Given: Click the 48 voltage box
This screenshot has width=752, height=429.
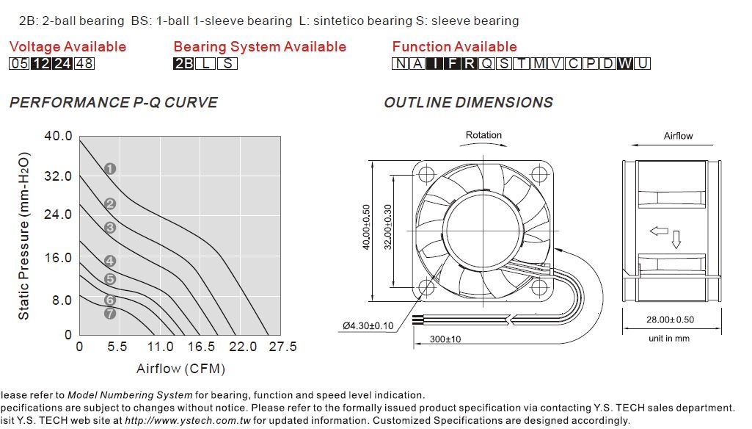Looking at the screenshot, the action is pyautogui.click(x=84, y=63).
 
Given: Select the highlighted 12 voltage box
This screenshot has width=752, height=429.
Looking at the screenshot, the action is pyautogui.click(x=41, y=63).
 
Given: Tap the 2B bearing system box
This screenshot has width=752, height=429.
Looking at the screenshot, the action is pyautogui.click(x=183, y=63).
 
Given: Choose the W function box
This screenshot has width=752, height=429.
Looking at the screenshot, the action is pyautogui.click(x=624, y=63).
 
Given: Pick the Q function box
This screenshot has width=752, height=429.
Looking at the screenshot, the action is pyautogui.click(x=486, y=63).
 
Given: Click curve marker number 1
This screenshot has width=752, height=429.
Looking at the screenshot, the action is pyautogui.click(x=110, y=169).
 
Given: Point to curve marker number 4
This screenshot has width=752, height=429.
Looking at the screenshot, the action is pyautogui.click(x=110, y=261).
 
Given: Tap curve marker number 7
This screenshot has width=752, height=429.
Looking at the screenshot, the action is pyautogui.click(x=110, y=314).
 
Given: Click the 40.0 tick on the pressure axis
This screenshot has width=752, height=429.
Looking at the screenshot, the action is pyautogui.click(x=58, y=136).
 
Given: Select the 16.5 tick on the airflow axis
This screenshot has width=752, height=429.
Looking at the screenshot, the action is pyautogui.click(x=202, y=347).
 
